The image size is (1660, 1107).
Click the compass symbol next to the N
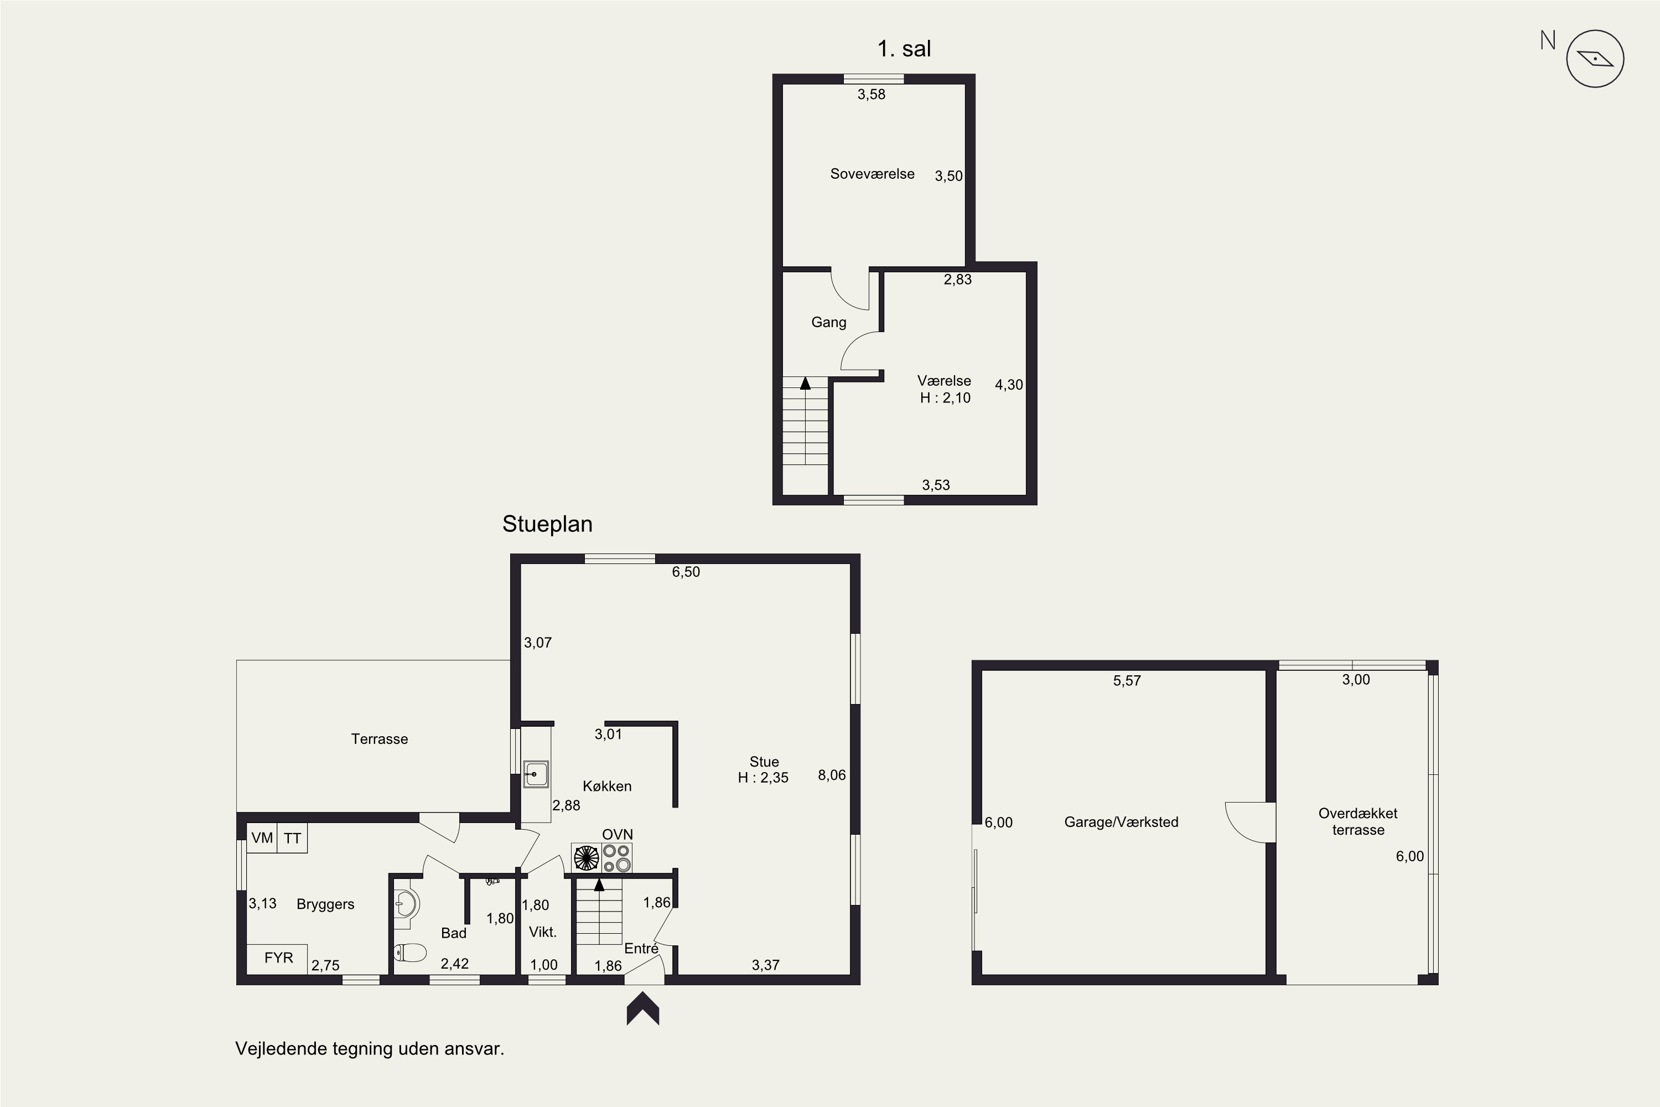1595,59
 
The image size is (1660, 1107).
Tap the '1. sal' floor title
904,49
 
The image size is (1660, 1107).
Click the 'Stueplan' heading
547,524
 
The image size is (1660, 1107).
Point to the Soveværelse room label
873,174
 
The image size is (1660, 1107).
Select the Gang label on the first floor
828,323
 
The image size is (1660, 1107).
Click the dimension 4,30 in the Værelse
1009,385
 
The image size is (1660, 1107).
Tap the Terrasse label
380,739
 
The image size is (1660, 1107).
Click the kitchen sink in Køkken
536,774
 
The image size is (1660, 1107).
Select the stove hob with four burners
616,858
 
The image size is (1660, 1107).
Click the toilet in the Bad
410,953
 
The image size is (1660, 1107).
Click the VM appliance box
262,838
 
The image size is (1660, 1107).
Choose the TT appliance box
292,838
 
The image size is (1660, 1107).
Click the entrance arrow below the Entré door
643,1008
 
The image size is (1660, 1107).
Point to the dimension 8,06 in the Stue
832,775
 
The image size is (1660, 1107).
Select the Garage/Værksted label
1122,822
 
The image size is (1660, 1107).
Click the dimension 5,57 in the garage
1127,681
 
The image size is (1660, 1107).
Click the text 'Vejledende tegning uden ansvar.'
370,1048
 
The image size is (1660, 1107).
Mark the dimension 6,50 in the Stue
686,572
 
